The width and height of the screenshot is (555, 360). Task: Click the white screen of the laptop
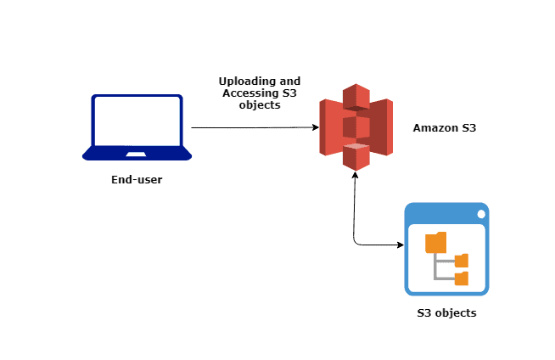(x=137, y=121)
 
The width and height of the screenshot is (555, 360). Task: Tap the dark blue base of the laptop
(x=137, y=155)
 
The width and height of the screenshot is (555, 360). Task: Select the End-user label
(x=137, y=179)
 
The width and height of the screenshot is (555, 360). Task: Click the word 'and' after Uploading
(x=289, y=81)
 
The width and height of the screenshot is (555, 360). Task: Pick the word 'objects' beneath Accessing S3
(x=261, y=104)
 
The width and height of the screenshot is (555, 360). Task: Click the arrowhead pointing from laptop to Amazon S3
(x=314, y=127)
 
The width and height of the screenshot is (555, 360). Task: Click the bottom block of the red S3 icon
(x=356, y=157)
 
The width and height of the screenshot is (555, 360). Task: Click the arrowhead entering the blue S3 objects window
(x=399, y=246)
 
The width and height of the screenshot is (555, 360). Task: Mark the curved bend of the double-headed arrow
(x=356, y=243)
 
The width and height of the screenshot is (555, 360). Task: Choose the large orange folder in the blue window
(x=435, y=242)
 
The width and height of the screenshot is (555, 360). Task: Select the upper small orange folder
(x=461, y=261)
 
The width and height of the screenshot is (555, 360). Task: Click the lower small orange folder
(x=461, y=278)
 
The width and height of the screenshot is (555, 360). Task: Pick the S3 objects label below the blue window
(x=446, y=313)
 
